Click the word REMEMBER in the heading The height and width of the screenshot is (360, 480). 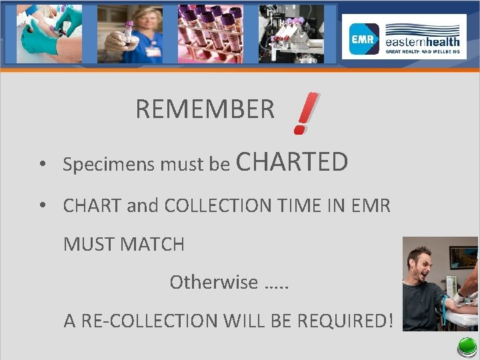pyautogui.click(x=205, y=109)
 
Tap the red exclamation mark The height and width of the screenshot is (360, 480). pyautogui.click(x=305, y=114)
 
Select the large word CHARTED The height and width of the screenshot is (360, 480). pyautogui.click(x=292, y=162)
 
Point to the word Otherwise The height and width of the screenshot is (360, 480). pyautogui.click(x=213, y=282)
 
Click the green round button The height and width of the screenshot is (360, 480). pyautogui.click(x=467, y=347)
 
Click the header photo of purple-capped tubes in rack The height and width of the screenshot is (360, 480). pyautogui.click(x=210, y=34)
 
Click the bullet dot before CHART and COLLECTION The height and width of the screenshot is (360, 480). pyautogui.click(x=42, y=206)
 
